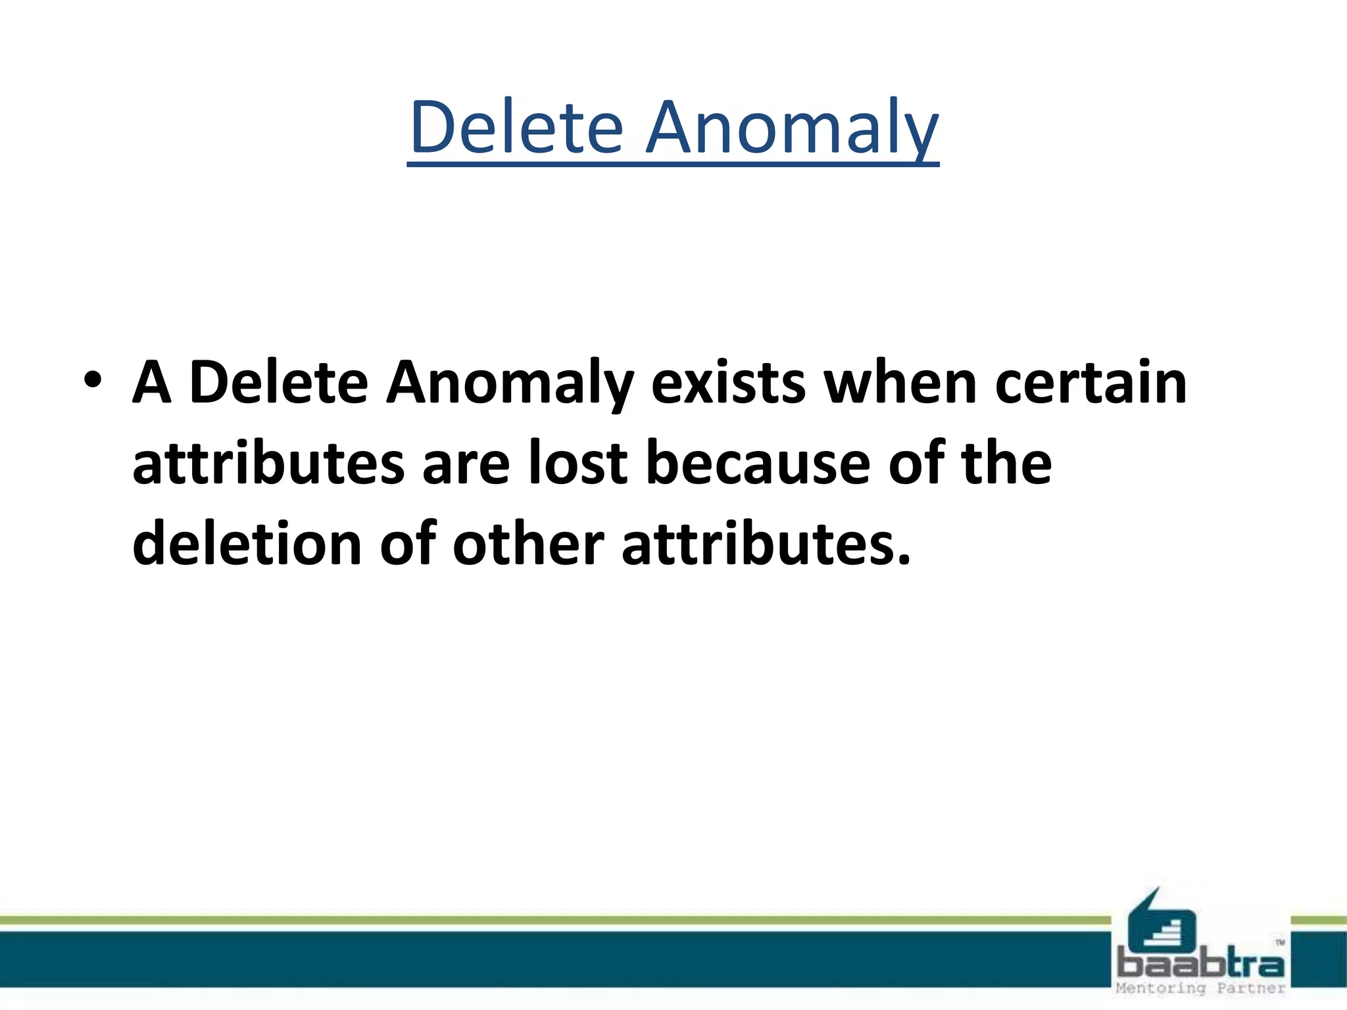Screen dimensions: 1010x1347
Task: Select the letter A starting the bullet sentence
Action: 152,382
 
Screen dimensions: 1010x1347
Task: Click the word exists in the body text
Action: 728,382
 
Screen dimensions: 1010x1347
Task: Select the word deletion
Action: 247,544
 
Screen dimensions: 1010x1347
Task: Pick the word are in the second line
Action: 466,464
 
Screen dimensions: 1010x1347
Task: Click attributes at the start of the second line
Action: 268,464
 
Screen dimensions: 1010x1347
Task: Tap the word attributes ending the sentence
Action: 766,544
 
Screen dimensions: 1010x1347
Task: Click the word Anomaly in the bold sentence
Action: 510,382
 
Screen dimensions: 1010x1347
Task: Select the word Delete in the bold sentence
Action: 278,382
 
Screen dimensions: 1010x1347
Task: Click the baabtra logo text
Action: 1200,965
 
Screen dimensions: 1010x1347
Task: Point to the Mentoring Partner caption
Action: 1200,988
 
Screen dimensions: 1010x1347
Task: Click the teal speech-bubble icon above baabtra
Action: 1161,924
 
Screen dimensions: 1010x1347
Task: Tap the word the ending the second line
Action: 1006,464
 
